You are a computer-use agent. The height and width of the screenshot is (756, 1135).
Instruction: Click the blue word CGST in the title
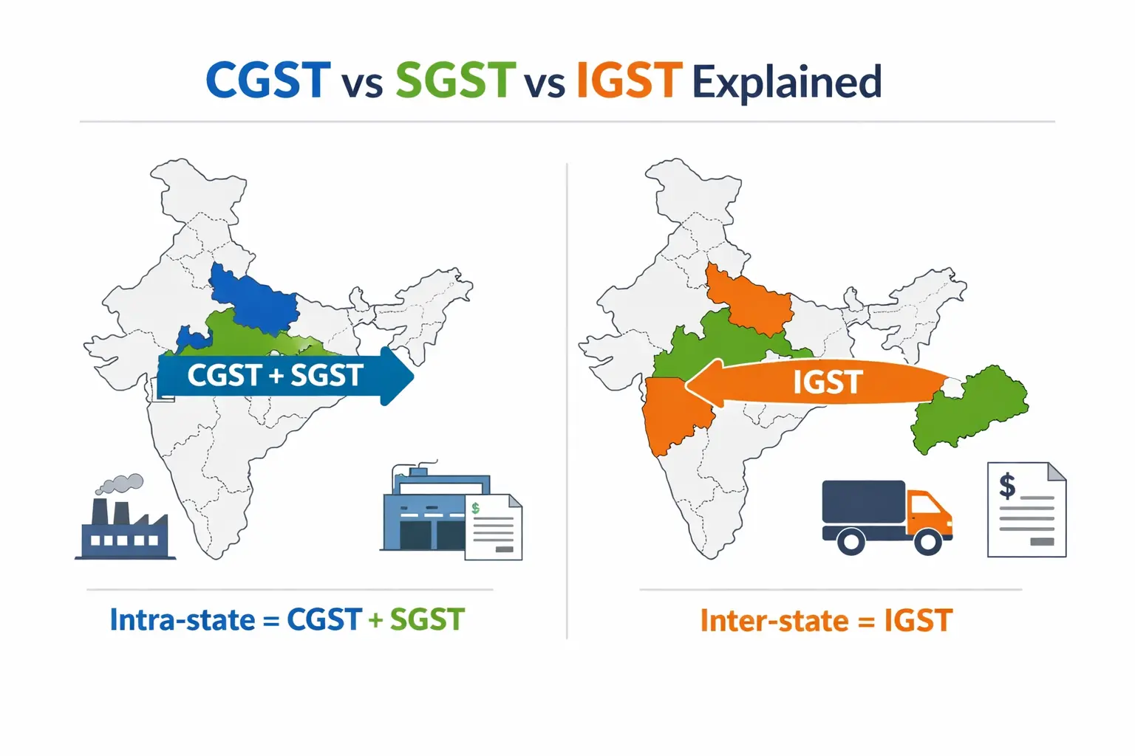267,80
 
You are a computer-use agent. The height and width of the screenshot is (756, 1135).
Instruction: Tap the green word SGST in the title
455,80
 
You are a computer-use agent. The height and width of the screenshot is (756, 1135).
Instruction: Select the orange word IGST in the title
628,80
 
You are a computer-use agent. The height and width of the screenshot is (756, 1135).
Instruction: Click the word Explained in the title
787,82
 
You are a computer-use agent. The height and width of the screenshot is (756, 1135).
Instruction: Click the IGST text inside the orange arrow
828,382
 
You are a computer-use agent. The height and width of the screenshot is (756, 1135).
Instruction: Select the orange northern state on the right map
746,299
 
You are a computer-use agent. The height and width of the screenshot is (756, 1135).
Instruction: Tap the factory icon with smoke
124,528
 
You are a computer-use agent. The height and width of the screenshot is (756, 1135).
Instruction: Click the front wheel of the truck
927,542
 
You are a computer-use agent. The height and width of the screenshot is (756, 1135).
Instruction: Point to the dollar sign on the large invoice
1006,486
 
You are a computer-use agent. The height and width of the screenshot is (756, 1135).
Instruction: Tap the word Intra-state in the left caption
182,619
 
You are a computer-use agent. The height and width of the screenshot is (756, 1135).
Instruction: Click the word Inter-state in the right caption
774,621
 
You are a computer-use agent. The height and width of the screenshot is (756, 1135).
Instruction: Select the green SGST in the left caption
427,619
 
